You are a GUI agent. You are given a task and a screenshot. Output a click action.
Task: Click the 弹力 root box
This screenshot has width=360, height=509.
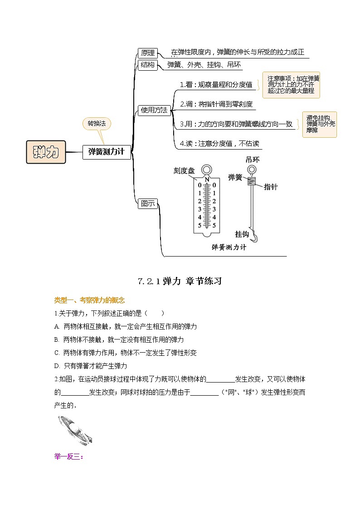tap(46, 152)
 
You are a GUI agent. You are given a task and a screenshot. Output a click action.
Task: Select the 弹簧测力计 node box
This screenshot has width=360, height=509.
tap(107, 152)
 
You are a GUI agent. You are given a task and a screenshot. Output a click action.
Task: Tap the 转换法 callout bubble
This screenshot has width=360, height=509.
tap(97, 123)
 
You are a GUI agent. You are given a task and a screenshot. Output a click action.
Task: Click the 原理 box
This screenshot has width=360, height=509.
tap(147, 53)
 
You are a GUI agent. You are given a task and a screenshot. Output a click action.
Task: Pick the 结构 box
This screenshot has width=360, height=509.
tap(147, 65)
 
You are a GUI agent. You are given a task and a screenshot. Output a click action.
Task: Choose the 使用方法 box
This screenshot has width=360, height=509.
tap(154, 110)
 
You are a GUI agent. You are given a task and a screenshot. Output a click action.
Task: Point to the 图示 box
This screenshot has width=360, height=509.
tap(147, 204)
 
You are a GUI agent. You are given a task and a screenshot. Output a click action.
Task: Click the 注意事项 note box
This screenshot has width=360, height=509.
tap(291, 85)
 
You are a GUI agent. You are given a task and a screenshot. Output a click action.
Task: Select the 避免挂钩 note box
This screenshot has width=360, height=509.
tap(320, 124)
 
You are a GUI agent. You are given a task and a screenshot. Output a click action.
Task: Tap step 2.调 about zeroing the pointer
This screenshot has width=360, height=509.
tap(216, 104)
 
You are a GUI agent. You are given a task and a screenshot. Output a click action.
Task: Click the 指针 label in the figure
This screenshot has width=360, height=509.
tap(271, 187)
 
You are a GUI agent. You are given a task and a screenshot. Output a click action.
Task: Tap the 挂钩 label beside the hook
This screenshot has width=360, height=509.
tap(242, 234)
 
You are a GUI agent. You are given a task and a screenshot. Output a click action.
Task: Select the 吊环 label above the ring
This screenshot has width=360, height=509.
tap(253, 160)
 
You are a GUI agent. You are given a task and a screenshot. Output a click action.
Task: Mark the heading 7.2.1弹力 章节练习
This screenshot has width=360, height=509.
tap(180, 281)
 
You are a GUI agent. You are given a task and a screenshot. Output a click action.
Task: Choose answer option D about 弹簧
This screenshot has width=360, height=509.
tap(91, 365)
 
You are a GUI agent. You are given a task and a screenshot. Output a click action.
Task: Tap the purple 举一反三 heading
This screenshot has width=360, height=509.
tap(68, 456)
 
